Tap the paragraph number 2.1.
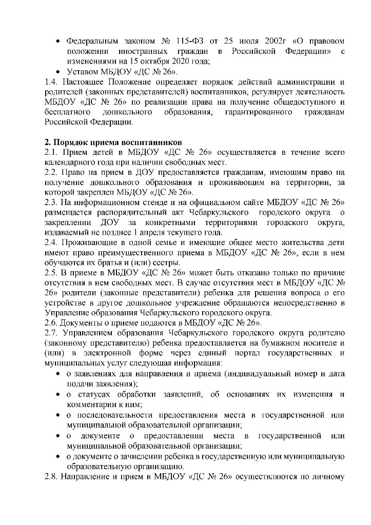click(x=51, y=152)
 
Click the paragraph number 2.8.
click(x=51, y=477)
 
